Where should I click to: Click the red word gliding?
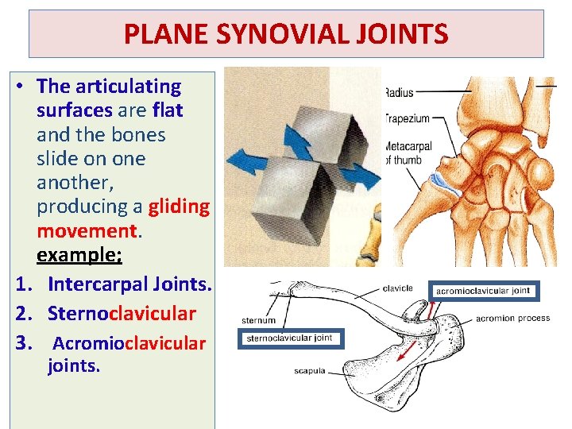point(179,207)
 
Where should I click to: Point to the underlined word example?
point(79,255)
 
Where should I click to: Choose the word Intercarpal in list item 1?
point(96,284)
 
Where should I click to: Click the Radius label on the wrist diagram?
point(399,93)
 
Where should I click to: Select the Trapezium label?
point(408,118)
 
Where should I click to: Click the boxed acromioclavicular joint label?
point(483,291)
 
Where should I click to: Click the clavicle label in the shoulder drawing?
point(397,288)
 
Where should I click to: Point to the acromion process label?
point(512,319)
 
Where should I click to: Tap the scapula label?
point(310,371)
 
